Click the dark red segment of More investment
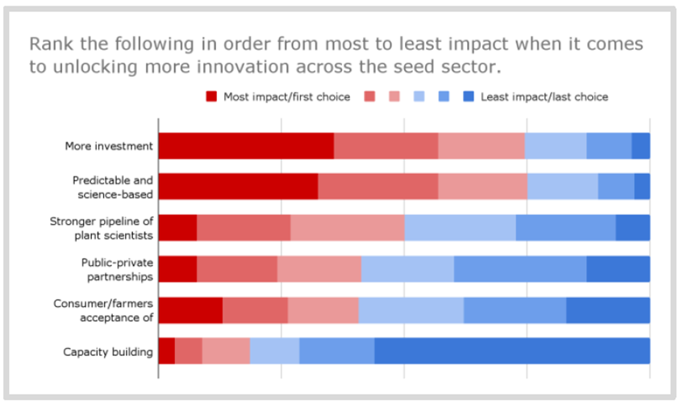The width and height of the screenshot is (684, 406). click(x=246, y=146)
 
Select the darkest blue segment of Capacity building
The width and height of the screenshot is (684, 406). click(x=512, y=351)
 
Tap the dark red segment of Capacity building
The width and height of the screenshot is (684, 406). click(x=166, y=351)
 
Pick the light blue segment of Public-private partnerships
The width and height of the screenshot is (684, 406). click(x=407, y=269)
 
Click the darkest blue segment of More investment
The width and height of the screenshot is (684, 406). click(x=640, y=146)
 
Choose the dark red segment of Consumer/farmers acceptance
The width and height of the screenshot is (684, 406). click(x=190, y=310)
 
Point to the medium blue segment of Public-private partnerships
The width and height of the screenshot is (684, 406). click(x=520, y=269)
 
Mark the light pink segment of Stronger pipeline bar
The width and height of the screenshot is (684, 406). click(x=347, y=228)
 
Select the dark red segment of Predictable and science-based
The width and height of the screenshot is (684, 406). click(x=238, y=186)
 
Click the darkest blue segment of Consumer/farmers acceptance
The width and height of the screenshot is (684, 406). click(x=608, y=310)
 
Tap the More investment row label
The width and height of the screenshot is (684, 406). click(x=109, y=147)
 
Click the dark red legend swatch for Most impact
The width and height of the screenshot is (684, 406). click(x=212, y=97)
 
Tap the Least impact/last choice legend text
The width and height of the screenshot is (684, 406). click(x=544, y=97)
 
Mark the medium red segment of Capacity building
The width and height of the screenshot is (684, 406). click(x=189, y=351)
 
